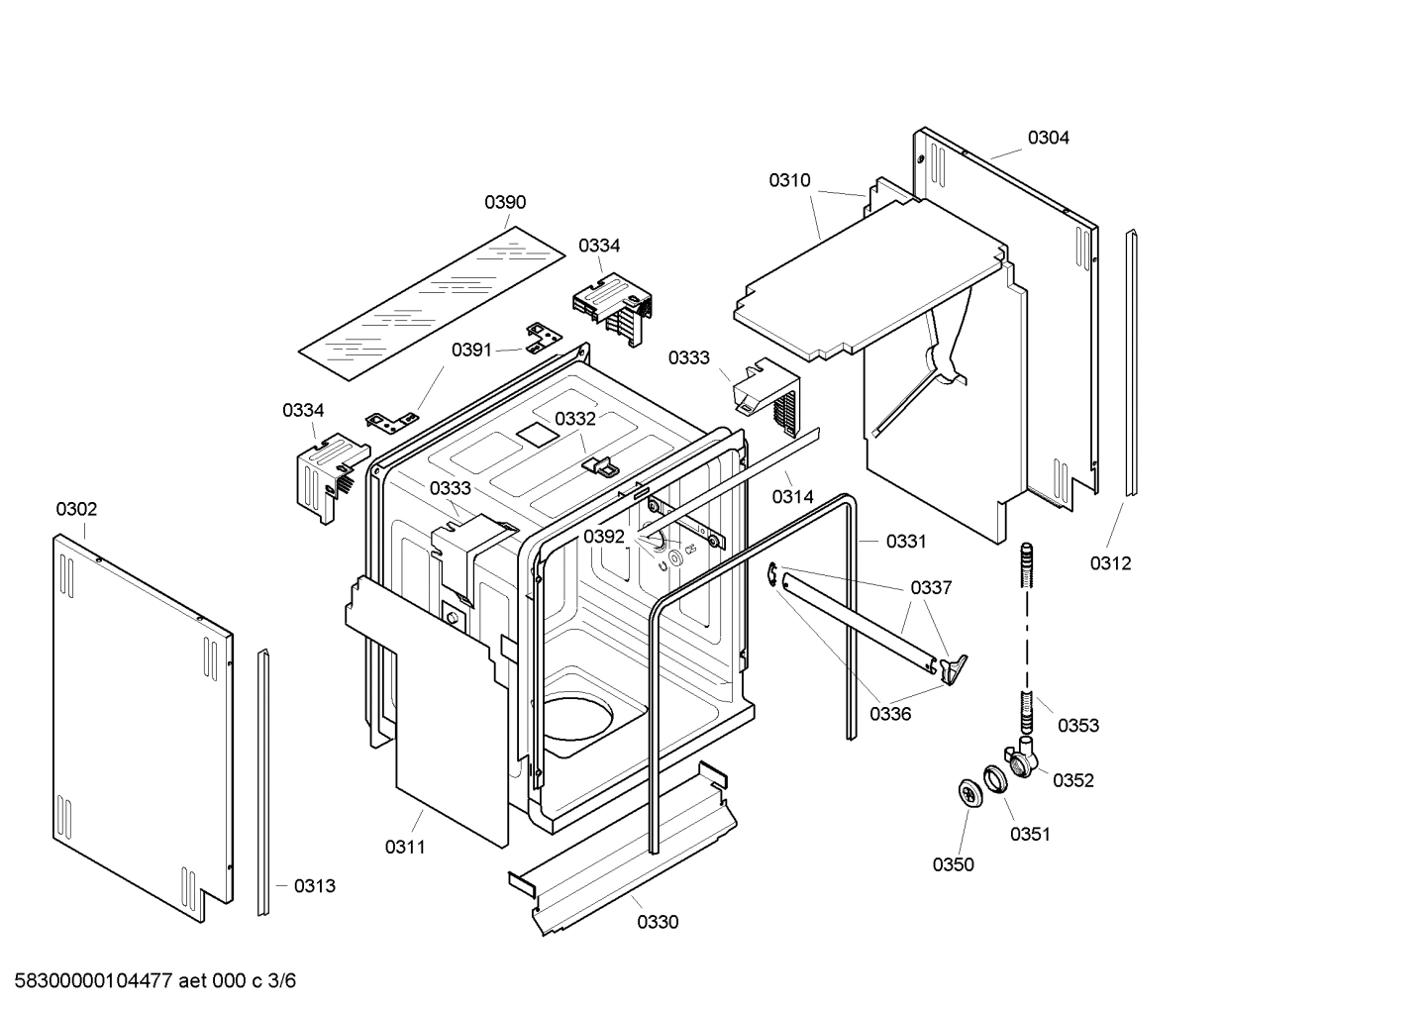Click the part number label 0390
click(x=505, y=203)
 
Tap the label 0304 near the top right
click(x=1048, y=139)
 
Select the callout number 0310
click(x=789, y=181)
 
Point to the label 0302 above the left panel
click(x=76, y=510)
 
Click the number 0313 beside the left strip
click(x=314, y=886)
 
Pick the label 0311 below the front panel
click(x=405, y=847)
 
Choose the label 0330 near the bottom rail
click(x=658, y=923)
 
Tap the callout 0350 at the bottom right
click(x=953, y=865)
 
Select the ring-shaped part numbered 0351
click(x=994, y=777)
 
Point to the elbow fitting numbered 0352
click(x=1022, y=757)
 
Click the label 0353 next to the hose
click(x=1077, y=726)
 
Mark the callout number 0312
click(x=1110, y=563)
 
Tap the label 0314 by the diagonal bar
click(x=793, y=497)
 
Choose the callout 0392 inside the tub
click(x=604, y=537)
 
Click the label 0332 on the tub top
click(x=575, y=419)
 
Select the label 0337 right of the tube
click(x=931, y=588)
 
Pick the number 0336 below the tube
click(x=890, y=714)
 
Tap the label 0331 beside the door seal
click(x=905, y=542)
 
